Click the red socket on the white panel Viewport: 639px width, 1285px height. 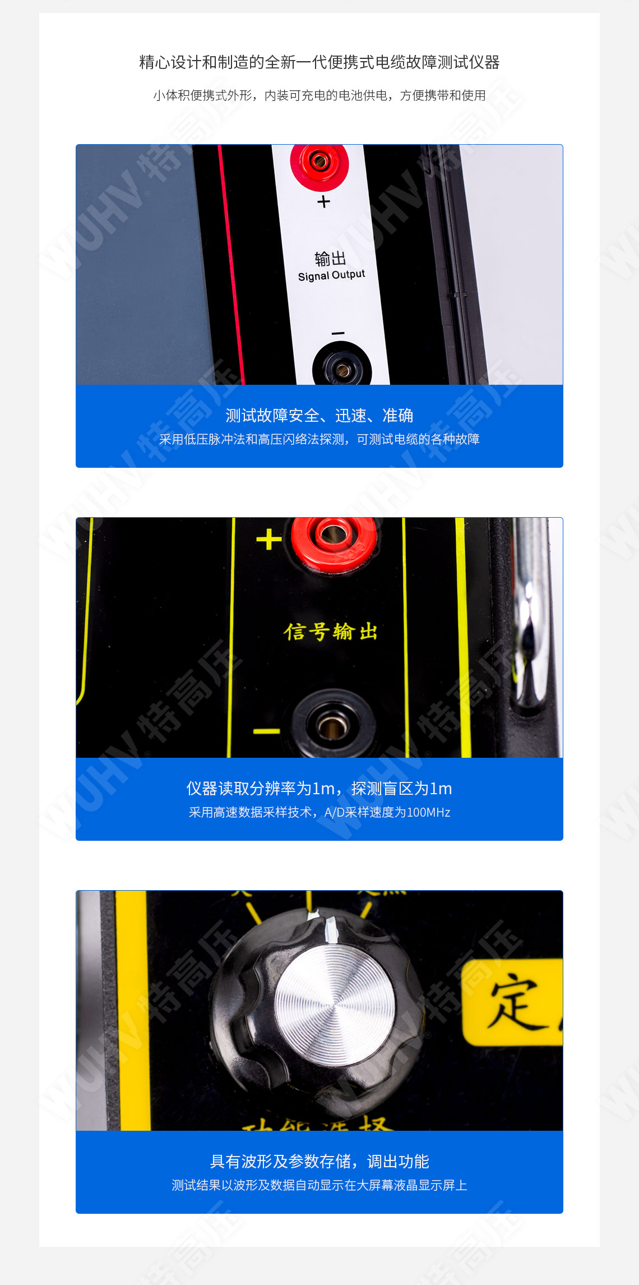319,163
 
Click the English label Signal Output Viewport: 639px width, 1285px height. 331,275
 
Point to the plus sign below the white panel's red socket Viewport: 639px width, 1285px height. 323,201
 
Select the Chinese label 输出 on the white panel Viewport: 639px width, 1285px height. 330,259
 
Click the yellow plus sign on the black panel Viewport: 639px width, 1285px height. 269,540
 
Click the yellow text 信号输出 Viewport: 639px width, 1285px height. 331,632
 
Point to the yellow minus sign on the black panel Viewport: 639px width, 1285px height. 267,731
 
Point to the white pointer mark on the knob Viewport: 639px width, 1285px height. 331,928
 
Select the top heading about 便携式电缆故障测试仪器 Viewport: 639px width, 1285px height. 319,62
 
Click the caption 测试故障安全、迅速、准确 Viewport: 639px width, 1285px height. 319,416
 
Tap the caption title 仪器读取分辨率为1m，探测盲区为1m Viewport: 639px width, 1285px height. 319,789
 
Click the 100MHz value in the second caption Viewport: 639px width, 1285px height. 428,812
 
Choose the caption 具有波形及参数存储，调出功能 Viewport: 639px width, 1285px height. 319,1162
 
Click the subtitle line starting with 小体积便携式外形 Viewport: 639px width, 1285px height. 319,95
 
